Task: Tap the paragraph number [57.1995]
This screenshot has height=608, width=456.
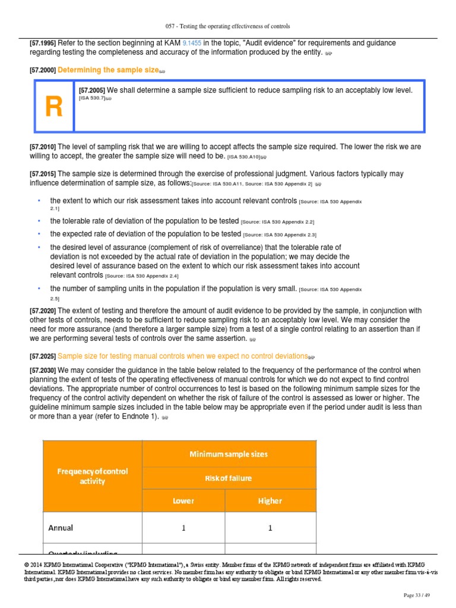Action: coord(42,43)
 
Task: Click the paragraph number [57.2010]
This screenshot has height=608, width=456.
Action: coord(42,147)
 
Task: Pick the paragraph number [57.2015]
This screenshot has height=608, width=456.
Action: coord(42,174)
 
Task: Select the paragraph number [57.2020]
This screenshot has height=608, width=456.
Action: coord(42,311)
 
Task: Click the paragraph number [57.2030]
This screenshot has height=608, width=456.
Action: coord(42,370)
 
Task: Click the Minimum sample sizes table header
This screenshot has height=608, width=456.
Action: coord(229,454)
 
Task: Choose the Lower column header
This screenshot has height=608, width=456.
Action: coord(183,501)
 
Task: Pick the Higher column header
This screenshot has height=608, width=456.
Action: coord(270,501)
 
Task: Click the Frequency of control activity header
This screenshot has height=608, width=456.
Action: coord(92,476)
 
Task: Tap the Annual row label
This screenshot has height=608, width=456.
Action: coord(62,527)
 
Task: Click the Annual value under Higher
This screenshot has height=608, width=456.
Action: coord(270,527)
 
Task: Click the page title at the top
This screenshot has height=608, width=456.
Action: coord(227,27)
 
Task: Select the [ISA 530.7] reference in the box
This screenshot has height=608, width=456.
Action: coord(92,98)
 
